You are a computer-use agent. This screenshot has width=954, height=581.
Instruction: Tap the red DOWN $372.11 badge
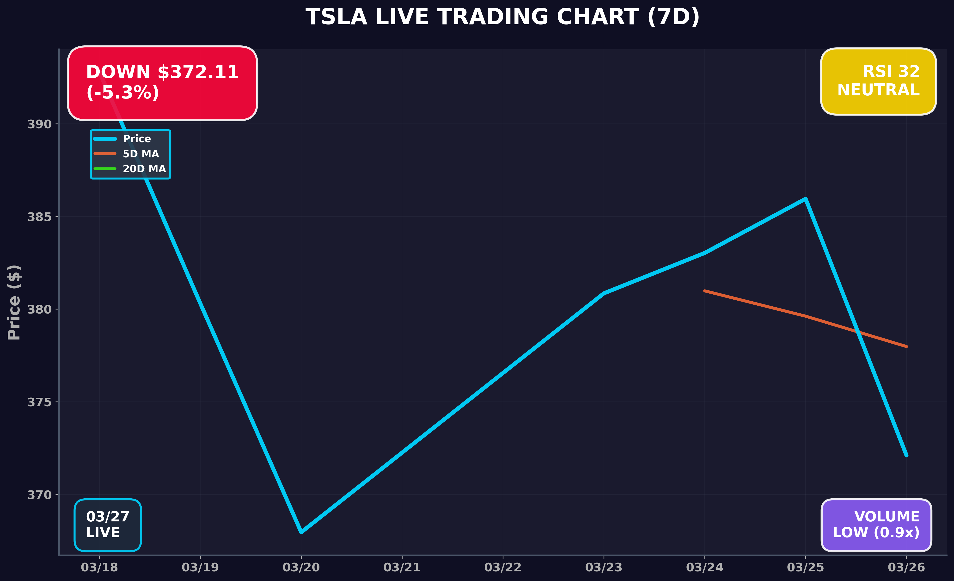coord(162,83)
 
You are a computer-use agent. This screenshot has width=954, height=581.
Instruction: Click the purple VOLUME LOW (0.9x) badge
coord(876,525)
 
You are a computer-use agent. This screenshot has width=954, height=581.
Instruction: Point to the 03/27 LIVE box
coord(108,525)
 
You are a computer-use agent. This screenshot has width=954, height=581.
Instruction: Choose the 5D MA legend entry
coord(141,154)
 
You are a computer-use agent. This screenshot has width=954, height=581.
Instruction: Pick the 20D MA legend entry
coord(144,169)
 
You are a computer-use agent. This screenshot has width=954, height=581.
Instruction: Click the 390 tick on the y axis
coord(39,124)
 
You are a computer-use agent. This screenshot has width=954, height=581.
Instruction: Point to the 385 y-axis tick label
coord(39,217)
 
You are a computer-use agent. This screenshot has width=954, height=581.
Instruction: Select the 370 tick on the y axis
coord(39,495)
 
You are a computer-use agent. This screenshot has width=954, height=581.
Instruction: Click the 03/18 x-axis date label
coord(99,568)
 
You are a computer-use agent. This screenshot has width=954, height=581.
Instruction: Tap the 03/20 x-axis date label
coord(301,568)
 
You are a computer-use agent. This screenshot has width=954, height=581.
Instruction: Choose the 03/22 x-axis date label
coord(503,568)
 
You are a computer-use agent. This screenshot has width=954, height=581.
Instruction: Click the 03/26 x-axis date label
coord(906,568)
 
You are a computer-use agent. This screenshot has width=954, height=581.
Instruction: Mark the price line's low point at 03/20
coord(301,532)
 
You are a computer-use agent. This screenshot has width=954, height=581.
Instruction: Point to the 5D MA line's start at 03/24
coord(705,290)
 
